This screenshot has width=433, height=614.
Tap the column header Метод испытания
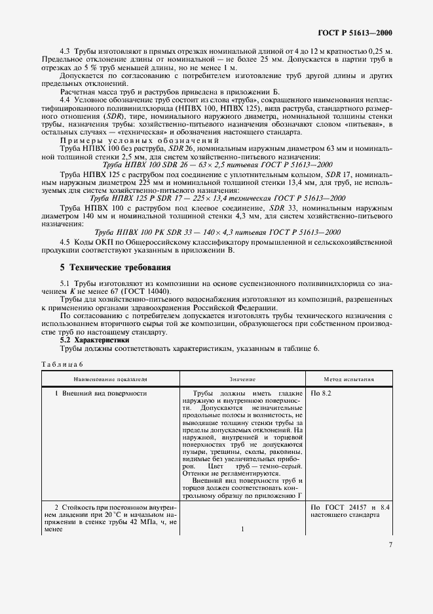349,379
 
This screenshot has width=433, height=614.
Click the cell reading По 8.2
322,394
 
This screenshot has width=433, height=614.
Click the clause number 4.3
65,51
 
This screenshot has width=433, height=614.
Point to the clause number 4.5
65,242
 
